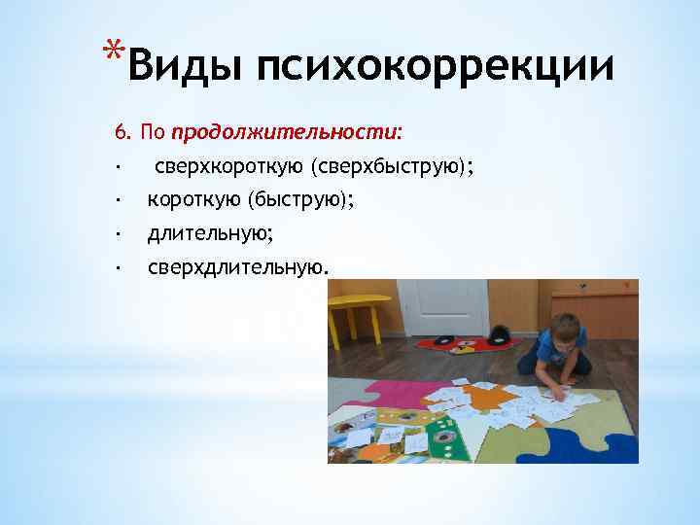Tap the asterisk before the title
(x=117, y=51)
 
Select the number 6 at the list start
(x=121, y=130)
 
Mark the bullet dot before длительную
(x=116, y=234)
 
